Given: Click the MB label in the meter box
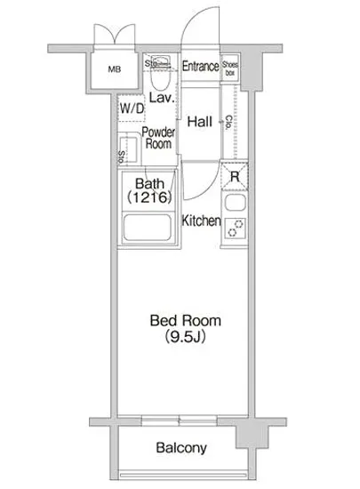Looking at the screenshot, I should point(115,69).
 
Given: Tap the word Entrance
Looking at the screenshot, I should point(200,67).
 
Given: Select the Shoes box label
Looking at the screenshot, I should point(230,67).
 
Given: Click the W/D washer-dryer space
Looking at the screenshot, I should point(131,108).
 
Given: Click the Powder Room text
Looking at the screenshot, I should point(157,137).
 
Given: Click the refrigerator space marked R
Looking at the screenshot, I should point(234,175).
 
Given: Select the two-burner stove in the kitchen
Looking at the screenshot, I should point(234,230).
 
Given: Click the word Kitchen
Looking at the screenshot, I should point(201,220).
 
